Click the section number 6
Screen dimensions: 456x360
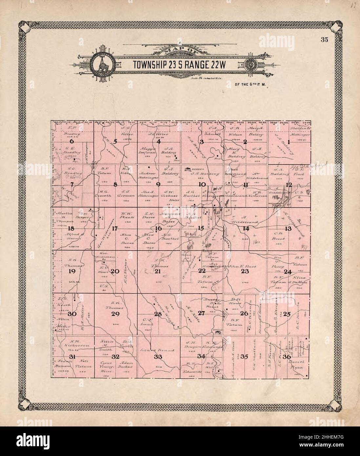coord(71,141)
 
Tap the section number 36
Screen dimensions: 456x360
coord(287,357)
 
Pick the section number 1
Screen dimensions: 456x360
coord(289,142)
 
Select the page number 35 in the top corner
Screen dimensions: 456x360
coord(324,40)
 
